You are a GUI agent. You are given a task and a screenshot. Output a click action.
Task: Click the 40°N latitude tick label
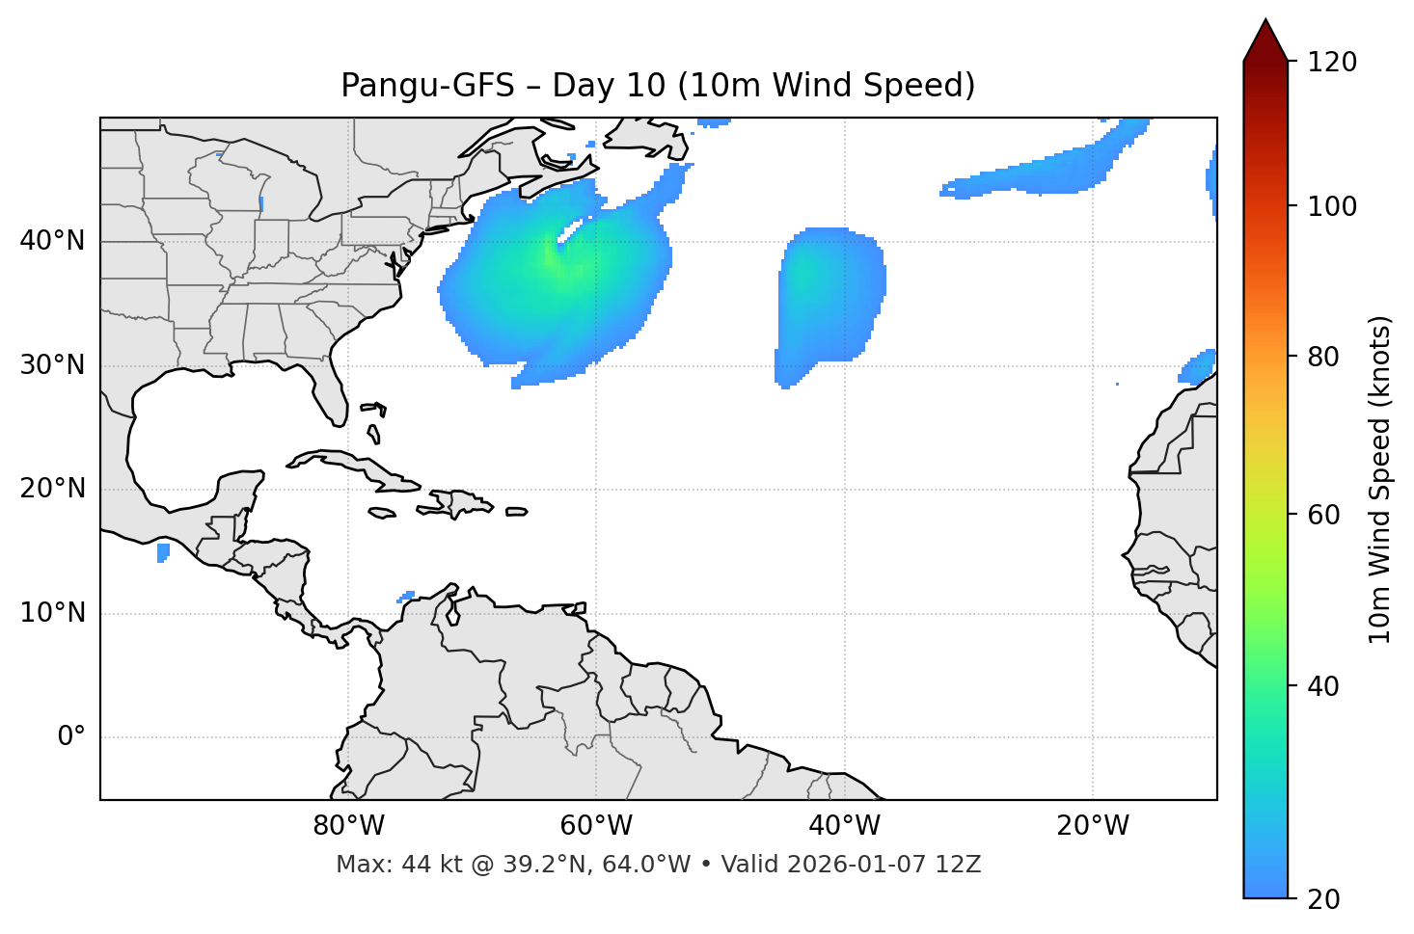[52, 241]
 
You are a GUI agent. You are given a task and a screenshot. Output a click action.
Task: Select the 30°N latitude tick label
[52, 365]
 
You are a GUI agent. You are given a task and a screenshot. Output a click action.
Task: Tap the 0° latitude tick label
[70, 737]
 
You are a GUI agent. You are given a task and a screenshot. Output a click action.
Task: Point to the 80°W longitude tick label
[348, 826]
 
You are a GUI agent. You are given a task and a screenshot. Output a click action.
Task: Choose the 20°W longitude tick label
[1093, 826]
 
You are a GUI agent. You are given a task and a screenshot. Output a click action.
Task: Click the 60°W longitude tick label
[596, 826]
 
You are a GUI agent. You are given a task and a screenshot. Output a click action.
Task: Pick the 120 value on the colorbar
[1332, 62]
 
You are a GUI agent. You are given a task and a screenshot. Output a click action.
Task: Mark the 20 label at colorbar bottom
[1323, 899]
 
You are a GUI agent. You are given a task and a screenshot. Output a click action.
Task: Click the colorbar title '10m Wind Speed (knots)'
[1380, 480]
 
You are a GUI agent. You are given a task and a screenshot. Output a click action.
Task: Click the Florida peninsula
[330, 392]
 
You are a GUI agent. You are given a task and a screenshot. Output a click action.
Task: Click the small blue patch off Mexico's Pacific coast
[163, 552]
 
